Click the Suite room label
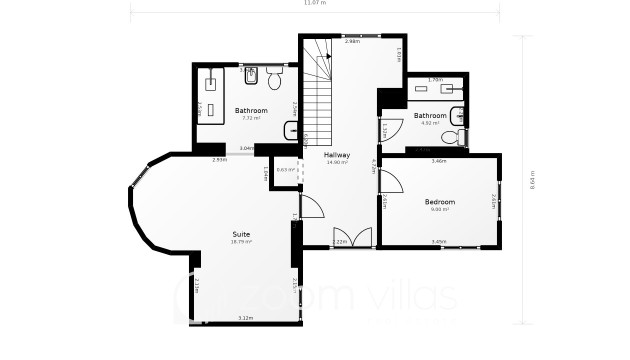point(241,233)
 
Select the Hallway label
point(336,155)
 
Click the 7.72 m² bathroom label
point(250,110)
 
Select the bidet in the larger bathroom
point(251,76)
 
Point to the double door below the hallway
point(350,237)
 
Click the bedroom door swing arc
point(391,181)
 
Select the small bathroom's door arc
point(389,125)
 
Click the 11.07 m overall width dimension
point(315,3)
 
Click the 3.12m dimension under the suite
point(245,318)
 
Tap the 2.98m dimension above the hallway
point(352,41)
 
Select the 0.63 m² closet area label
point(285,170)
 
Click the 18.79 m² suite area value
point(241,242)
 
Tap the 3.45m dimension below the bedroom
point(438,241)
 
